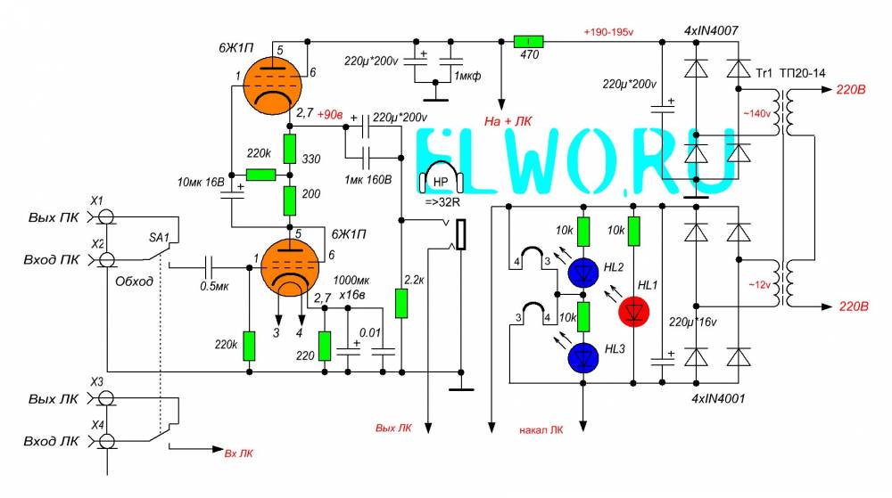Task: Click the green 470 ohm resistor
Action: point(529,40)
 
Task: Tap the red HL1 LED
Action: point(633,310)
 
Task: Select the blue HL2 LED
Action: point(583,271)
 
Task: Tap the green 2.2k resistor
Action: point(402,306)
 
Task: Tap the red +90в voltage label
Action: point(329,114)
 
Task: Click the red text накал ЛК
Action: point(541,430)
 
